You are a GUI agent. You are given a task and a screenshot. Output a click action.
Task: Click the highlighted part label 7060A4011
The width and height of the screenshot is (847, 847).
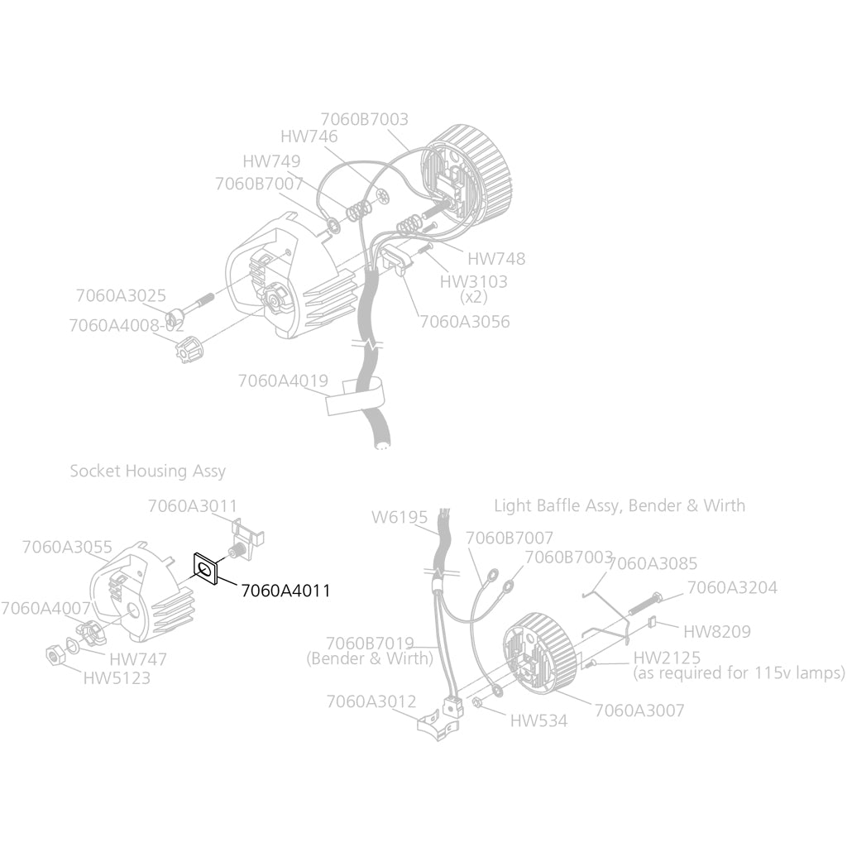click(285, 591)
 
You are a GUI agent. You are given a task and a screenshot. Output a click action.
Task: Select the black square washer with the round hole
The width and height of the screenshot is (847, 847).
click(206, 569)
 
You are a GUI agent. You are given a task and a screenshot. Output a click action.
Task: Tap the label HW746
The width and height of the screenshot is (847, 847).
click(309, 136)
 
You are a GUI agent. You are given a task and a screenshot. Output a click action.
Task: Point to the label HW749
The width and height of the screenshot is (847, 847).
click(271, 161)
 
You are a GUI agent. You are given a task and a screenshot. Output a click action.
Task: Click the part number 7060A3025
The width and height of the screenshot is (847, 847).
click(121, 295)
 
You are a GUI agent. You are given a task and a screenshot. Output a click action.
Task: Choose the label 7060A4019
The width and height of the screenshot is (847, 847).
click(283, 380)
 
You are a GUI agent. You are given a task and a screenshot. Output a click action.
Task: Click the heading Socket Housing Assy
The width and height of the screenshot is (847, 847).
click(147, 471)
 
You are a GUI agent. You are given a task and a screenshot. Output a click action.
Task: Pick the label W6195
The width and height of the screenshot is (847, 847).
click(400, 518)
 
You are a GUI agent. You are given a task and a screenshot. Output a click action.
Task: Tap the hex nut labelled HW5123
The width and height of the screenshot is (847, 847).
click(55, 656)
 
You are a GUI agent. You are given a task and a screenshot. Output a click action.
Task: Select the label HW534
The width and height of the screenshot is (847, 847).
click(538, 720)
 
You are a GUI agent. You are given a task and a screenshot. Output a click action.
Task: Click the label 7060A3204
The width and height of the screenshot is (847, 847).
click(732, 588)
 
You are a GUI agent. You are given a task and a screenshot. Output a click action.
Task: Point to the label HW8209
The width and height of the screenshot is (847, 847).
click(717, 631)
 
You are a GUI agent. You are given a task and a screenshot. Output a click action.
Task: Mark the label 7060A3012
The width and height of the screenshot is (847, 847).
click(371, 701)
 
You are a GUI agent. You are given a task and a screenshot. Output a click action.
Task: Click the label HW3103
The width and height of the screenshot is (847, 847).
click(473, 281)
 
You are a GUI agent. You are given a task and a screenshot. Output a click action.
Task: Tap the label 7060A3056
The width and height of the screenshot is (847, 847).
click(465, 322)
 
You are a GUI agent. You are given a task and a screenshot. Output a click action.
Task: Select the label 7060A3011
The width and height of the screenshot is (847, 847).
click(192, 506)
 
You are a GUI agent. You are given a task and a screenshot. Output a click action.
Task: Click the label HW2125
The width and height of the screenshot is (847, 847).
click(667, 658)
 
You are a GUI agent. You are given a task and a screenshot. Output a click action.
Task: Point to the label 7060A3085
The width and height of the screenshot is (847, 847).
click(653, 563)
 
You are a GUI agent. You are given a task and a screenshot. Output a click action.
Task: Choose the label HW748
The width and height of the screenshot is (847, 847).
click(496, 259)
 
